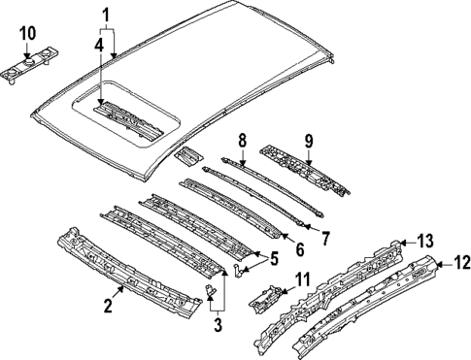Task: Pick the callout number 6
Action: click(x=299, y=248)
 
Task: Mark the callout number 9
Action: click(x=309, y=142)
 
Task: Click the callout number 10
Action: click(x=27, y=33)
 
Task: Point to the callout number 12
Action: click(x=461, y=261)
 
